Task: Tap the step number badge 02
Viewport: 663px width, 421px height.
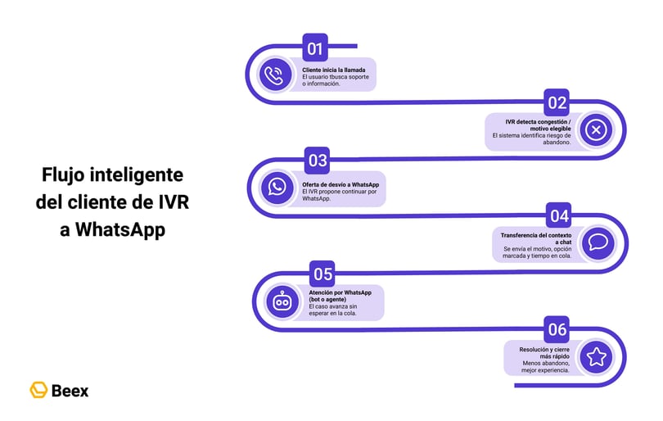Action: coord(557,103)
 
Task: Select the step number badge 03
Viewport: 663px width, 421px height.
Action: coord(317,159)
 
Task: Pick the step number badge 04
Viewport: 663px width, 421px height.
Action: coord(559,216)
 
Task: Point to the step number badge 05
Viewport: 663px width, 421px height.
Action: coord(322,274)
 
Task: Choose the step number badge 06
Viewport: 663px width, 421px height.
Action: coord(557,330)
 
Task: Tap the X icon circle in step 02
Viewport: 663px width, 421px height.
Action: coord(596,130)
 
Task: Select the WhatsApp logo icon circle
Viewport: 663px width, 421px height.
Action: coord(277,187)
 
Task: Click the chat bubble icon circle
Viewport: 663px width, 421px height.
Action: coord(598,243)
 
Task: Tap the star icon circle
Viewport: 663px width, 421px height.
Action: coord(596,357)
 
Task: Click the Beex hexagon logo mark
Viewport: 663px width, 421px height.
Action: coord(38,390)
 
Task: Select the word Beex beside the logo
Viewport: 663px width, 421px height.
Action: coord(70,391)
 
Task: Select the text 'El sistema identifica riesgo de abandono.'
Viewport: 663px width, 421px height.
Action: coord(531,138)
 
